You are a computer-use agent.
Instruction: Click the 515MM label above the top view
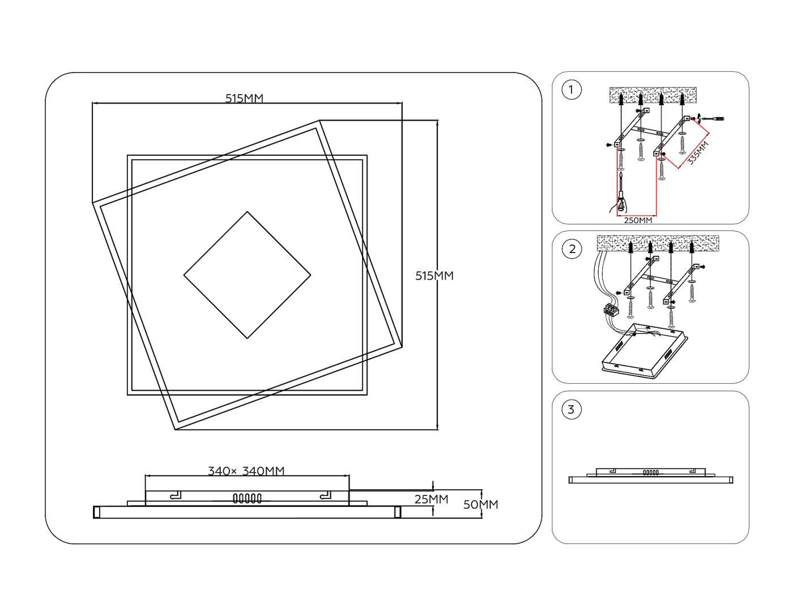(x=244, y=99)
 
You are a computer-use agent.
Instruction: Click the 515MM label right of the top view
(x=434, y=276)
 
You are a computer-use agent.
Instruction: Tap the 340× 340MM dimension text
(x=246, y=471)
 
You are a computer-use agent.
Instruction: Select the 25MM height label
(x=431, y=499)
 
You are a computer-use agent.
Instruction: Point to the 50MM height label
(x=480, y=505)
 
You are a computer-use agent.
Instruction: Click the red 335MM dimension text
(x=698, y=152)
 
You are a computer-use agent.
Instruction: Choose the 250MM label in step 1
(x=638, y=220)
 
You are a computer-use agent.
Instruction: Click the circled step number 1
(x=571, y=89)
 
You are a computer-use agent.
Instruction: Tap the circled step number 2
(x=572, y=249)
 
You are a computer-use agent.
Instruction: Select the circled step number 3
(x=571, y=409)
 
